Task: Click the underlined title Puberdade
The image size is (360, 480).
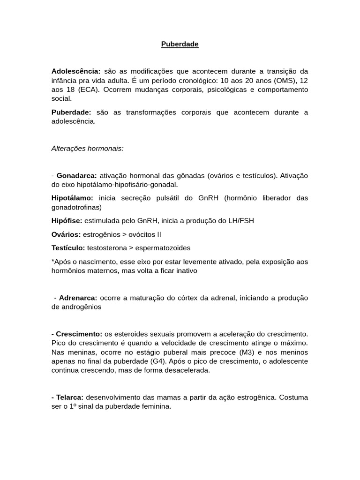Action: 180,44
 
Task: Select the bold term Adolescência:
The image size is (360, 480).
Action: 76,71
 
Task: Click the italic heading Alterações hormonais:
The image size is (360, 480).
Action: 88,148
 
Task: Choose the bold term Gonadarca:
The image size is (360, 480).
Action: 76,175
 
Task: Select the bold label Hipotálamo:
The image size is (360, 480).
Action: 73,198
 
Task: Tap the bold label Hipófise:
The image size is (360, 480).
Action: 67,220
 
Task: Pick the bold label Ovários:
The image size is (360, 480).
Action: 66,234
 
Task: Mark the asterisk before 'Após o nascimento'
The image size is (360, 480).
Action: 53,261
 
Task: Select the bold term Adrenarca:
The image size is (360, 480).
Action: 78,298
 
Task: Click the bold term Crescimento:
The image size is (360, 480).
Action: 77,334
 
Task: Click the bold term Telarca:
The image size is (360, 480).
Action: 67,397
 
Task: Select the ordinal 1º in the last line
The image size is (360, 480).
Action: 73,406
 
